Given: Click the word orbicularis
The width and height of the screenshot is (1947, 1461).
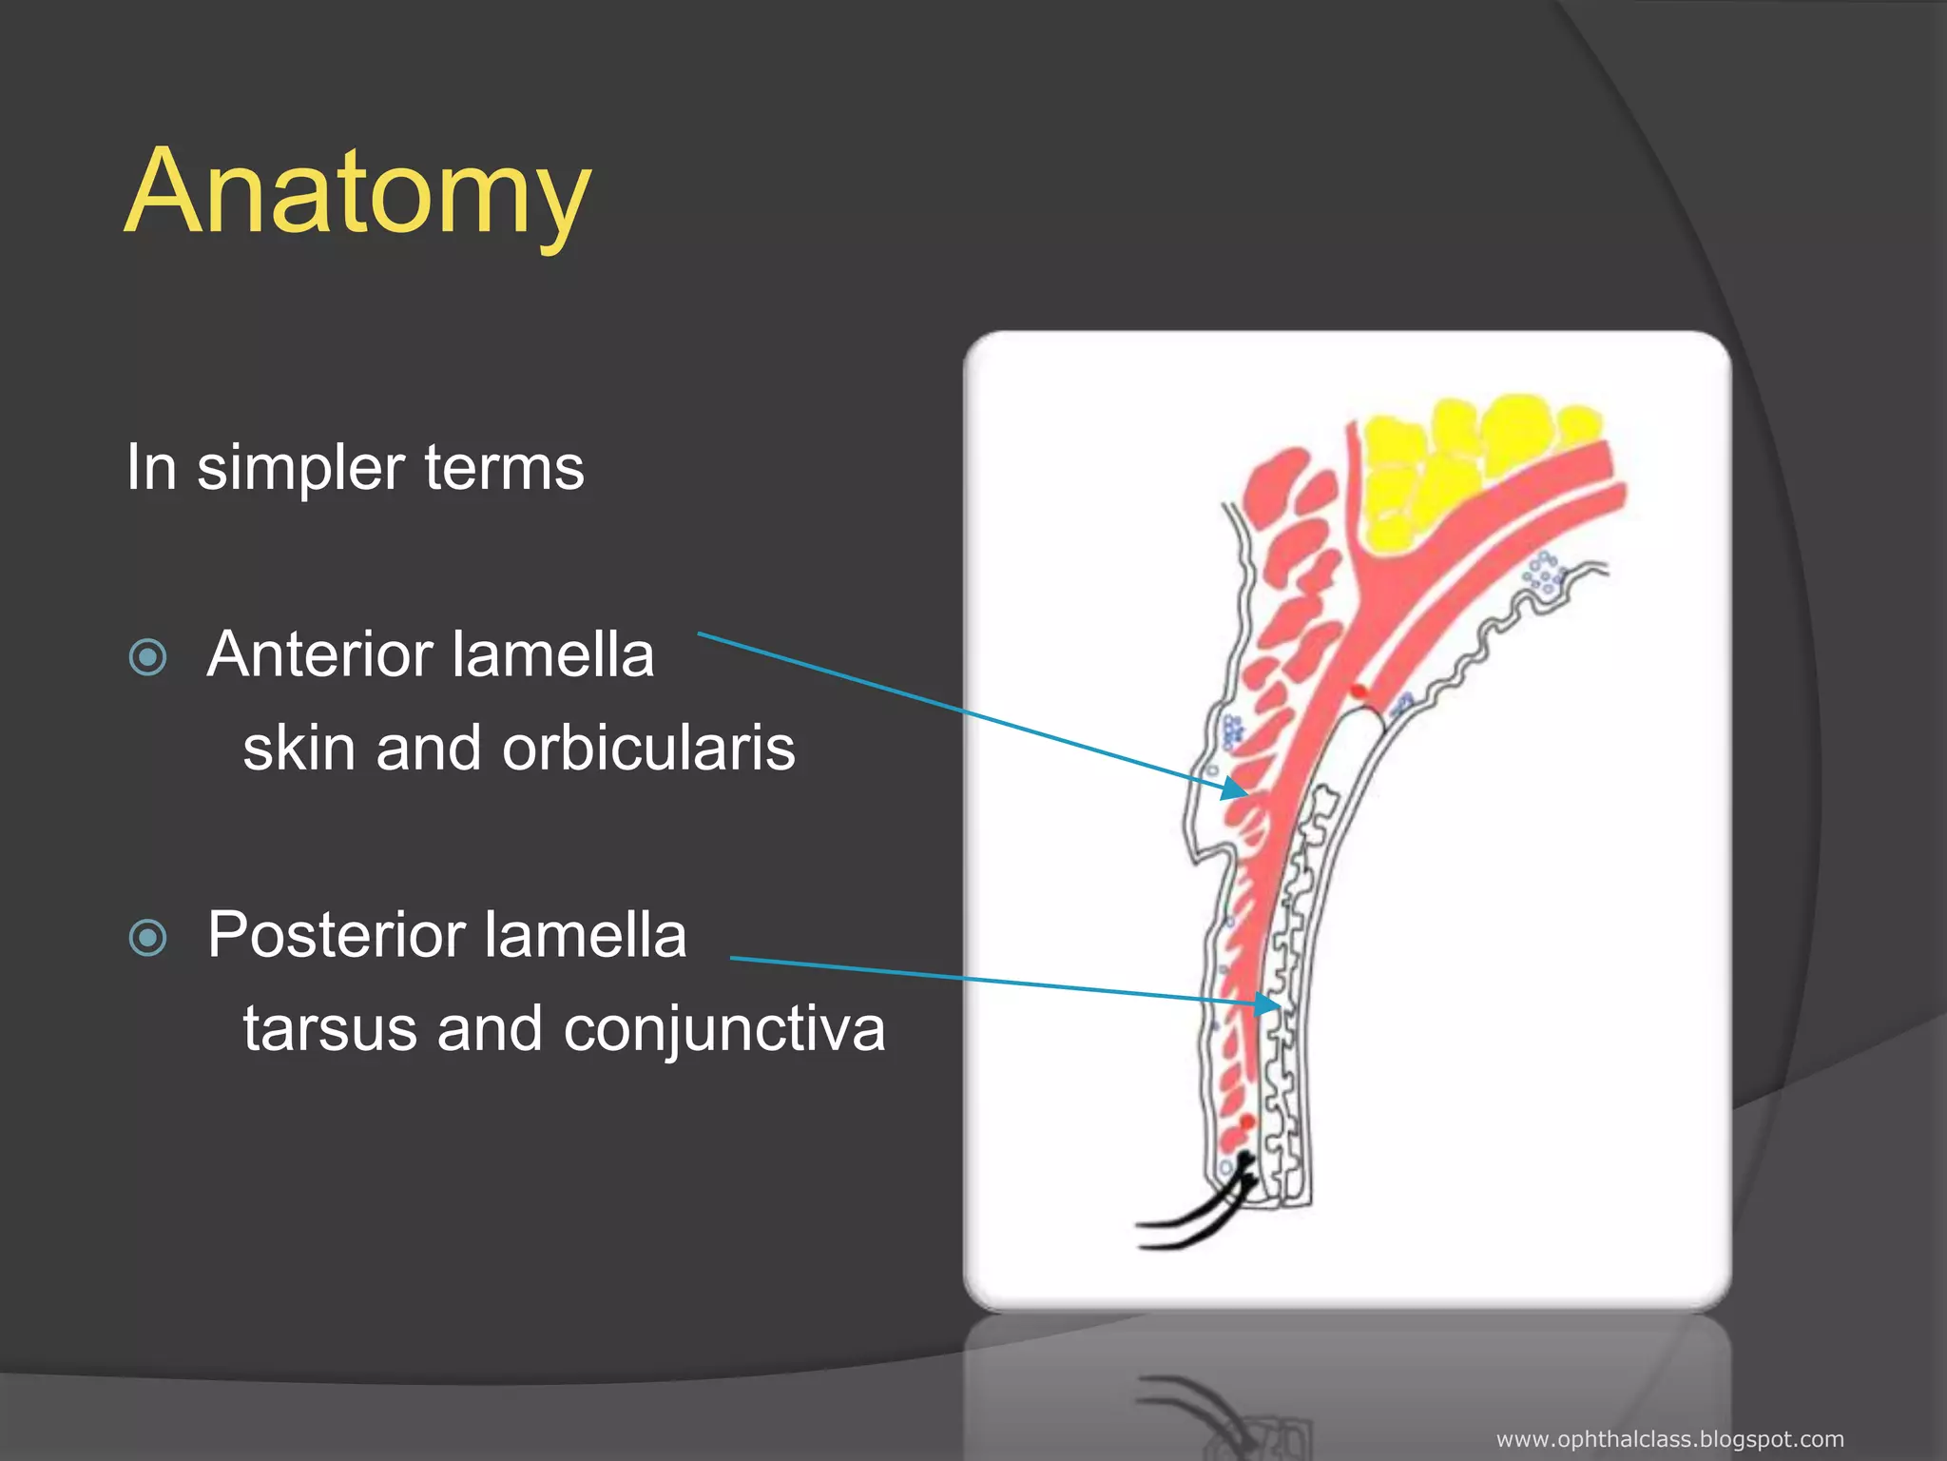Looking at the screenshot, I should pos(648,749).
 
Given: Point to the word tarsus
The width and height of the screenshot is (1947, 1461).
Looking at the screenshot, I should pos(329,1029).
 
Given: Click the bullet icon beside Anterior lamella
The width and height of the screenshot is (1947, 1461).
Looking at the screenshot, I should pos(147,657).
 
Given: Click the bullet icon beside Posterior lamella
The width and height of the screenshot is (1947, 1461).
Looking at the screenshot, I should pos(147,938).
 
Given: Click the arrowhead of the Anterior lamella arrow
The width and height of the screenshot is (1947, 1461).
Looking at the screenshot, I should pos(1234,789).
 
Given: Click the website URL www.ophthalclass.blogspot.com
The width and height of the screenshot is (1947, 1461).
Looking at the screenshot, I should pos(1669,1439).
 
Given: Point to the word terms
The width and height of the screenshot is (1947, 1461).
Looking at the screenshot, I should pos(504,468).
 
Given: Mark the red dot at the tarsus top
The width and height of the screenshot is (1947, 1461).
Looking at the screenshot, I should pos(1359,691).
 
